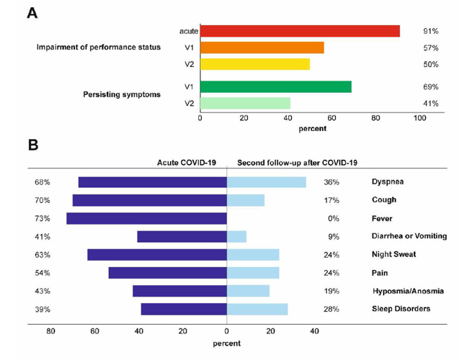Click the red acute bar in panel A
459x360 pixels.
(300, 31)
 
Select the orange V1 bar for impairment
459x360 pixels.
(262, 48)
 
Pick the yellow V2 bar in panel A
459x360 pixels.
(255, 64)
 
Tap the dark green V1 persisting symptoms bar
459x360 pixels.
(276, 86)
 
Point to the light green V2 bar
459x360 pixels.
(245, 103)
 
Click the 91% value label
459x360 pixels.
(430, 31)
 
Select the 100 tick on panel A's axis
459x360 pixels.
(419, 118)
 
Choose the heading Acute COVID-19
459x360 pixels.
(187, 162)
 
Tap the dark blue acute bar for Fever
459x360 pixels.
(147, 218)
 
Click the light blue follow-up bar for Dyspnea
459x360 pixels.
(267, 182)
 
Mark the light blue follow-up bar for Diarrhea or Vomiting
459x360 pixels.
(237, 236)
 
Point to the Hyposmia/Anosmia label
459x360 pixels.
(407, 291)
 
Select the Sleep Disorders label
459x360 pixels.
(401, 309)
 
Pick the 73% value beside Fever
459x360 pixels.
(42, 218)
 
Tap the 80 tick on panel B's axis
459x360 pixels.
(50, 331)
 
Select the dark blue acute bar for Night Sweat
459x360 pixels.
(157, 254)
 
